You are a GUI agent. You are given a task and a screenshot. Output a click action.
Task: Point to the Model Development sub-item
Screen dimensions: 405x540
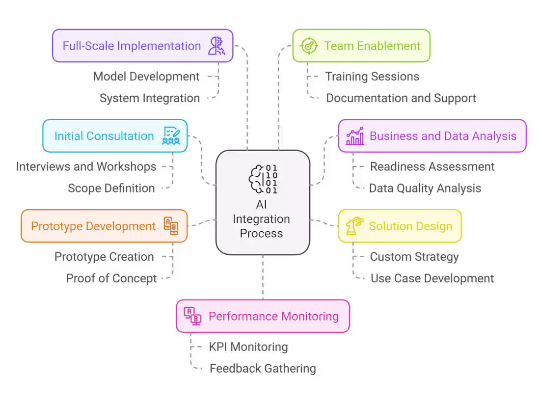pyautogui.click(x=146, y=77)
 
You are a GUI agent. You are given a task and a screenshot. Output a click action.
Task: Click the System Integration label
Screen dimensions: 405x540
pyautogui.click(x=150, y=98)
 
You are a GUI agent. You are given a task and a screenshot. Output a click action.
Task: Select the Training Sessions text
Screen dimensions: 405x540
pyautogui.click(x=372, y=77)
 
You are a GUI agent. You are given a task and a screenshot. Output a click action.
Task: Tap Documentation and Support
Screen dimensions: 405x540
pyautogui.click(x=401, y=98)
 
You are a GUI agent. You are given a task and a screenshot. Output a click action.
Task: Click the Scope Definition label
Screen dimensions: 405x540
pyautogui.click(x=111, y=188)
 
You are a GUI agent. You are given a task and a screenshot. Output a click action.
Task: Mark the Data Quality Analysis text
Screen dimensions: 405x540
pyautogui.click(x=425, y=188)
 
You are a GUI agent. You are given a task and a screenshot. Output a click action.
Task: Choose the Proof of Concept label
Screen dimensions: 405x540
pyautogui.click(x=111, y=278)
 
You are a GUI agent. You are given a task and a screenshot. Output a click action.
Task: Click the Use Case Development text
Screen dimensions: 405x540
pyautogui.click(x=432, y=278)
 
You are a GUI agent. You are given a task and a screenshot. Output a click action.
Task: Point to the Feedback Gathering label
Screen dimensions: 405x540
pyautogui.click(x=263, y=368)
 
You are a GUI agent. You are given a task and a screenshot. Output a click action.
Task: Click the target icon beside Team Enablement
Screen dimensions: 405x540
pyautogui.click(x=308, y=46)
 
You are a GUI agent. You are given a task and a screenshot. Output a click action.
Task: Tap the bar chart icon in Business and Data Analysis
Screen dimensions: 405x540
pyautogui.click(x=354, y=136)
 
